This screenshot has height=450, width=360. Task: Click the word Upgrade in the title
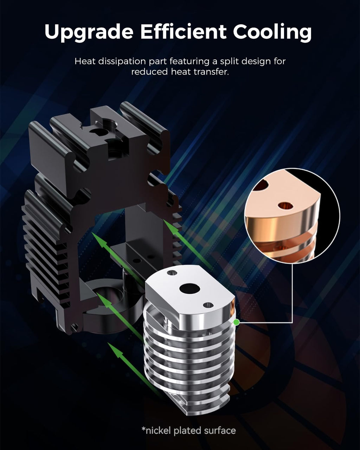pyautogui.click(x=89, y=32)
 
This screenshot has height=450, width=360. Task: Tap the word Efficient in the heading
pyautogui.click(x=183, y=32)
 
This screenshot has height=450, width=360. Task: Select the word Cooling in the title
pyautogui.click(x=272, y=32)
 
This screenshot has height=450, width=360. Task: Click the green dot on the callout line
pyautogui.click(x=236, y=322)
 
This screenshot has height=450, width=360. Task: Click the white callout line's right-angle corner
pyautogui.click(x=292, y=322)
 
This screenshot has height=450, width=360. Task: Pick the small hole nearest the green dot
pyautogui.click(x=208, y=305)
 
